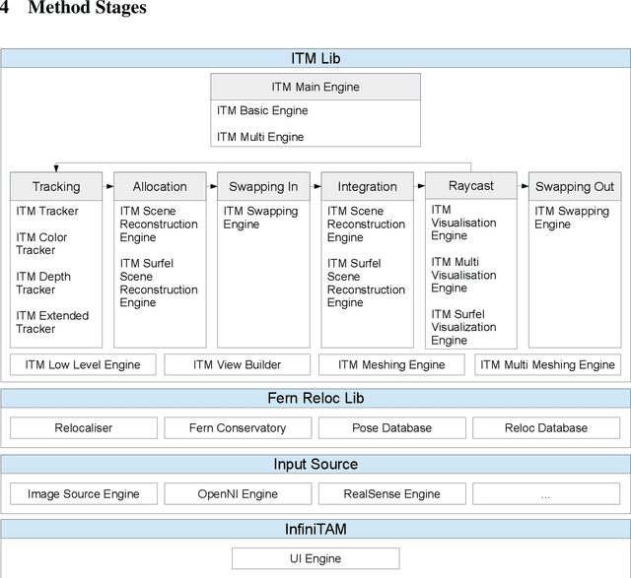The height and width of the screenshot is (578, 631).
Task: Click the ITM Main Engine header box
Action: tap(315, 87)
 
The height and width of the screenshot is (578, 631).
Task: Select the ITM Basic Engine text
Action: tap(262, 111)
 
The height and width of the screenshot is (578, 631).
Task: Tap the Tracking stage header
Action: tap(56, 186)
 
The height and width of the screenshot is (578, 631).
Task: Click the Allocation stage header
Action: tap(160, 186)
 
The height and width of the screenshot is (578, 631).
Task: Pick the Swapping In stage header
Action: tap(263, 186)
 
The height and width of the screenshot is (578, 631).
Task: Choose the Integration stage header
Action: tap(367, 186)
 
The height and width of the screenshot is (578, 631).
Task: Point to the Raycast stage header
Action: tap(470, 185)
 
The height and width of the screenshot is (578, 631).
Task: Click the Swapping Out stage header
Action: tap(574, 186)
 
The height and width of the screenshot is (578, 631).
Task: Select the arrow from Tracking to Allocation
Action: tap(108, 186)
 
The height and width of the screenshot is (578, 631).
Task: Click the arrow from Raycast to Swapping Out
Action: tap(523, 186)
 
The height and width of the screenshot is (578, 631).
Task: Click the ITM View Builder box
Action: tap(237, 364)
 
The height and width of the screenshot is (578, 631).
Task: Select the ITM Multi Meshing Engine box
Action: tap(547, 364)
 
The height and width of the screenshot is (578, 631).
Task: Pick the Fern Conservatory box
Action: tap(238, 427)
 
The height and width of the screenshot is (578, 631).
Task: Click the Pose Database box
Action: tap(391, 427)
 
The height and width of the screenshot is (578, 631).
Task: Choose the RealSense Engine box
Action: tap(391, 494)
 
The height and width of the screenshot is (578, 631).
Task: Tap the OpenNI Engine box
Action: tap(238, 494)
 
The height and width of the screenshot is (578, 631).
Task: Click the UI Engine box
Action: tap(315, 558)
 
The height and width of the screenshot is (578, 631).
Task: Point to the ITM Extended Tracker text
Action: tap(52, 322)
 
